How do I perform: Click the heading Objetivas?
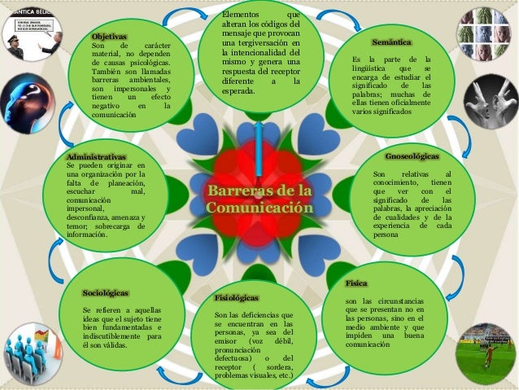(109, 37)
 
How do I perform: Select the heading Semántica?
(390, 41)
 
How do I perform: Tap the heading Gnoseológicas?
(411, 156)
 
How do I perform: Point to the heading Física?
(356, 283)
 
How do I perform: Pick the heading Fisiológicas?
(236, 298)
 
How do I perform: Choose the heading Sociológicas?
(107, 291)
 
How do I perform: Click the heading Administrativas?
(96, 156)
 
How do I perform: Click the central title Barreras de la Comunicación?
(259, 199)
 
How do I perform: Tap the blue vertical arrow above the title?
(259, 147)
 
